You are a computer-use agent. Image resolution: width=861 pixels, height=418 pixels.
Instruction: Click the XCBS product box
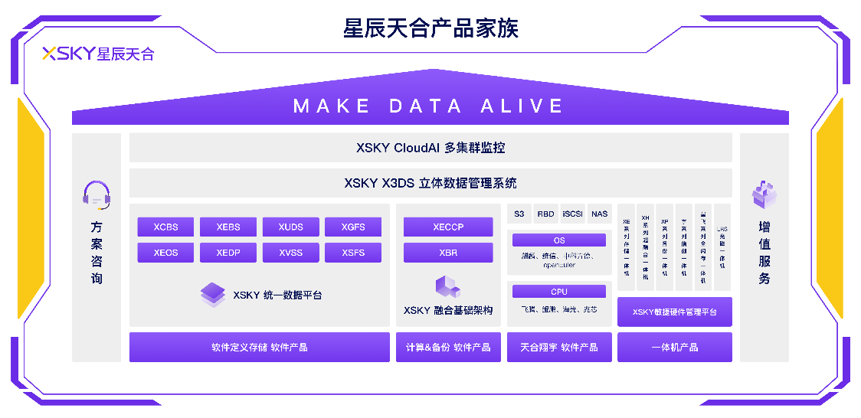tap(165, 227)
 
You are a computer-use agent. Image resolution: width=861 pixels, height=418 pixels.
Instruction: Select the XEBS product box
tap(228, 227)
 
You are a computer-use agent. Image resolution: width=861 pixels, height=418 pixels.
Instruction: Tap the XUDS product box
tap(290, 227)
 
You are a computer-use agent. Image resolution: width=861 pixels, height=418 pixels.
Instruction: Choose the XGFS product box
tap(353, 227)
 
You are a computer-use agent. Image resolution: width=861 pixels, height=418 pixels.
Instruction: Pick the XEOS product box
tap(165, 253)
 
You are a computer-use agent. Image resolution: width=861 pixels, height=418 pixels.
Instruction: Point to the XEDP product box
tap(228, 253)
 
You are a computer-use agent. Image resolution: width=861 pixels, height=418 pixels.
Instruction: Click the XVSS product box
tap(290, 253)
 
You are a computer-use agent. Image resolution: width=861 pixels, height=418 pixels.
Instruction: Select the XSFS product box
tap(353, 253)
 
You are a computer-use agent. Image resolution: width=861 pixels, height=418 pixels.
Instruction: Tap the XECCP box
tap(448, 227)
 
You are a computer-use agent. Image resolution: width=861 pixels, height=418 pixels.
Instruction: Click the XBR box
tap(448, 253)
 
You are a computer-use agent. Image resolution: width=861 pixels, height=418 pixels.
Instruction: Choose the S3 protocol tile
tap(519, 214)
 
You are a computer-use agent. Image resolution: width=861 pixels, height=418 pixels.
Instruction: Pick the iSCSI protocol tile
tap(572, 214)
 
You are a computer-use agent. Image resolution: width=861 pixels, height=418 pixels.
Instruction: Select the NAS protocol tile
tap(599, 214)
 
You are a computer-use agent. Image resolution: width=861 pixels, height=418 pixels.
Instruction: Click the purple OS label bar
tap(559, 240)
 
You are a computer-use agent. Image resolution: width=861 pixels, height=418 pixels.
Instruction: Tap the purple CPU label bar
tap(559, 292)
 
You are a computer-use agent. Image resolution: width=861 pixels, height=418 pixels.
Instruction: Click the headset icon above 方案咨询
tap(97, 195)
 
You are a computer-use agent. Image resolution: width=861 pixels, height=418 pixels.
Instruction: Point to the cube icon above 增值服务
tap(764, 194)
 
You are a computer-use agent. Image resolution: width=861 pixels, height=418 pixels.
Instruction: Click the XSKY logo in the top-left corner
tap(98, 54)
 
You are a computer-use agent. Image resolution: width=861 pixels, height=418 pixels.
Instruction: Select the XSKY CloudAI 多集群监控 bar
tap(430, 148)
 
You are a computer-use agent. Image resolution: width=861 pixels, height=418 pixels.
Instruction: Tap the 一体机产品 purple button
tap(674, 348)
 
